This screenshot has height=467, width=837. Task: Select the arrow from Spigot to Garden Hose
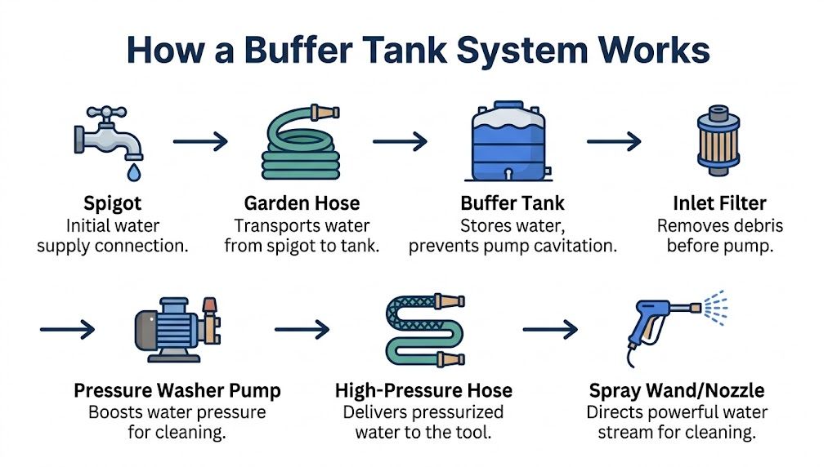click(x=201, y=141)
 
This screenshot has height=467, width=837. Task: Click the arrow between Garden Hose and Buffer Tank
click(x=401, y=141)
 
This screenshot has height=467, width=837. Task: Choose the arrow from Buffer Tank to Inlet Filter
click(x=614, y=141)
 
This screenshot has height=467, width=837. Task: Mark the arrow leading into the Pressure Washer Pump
click(x=67, y=330)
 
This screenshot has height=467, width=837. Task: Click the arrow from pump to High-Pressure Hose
click(x=302, y=330)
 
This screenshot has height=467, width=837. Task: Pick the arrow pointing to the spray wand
click(x=550, y=330)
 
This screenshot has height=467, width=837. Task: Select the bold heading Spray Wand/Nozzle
click(x=677, y=391)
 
